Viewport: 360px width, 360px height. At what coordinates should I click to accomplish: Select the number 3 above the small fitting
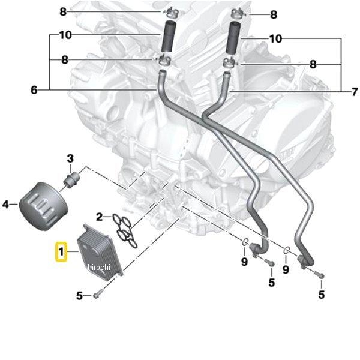pos(70,158)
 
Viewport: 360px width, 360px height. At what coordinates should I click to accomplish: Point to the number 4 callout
pos(6,205)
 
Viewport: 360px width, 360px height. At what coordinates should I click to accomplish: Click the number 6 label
pos(34,91)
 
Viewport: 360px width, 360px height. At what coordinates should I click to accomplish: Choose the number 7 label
pos(354,91)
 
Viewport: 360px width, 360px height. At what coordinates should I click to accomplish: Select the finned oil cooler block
pos(100,250)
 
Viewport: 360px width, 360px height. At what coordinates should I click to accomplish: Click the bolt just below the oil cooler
pos(100,295)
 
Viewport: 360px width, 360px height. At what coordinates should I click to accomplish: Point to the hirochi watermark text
pos(99,266)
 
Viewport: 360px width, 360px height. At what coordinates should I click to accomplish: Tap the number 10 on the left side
pos(65,35)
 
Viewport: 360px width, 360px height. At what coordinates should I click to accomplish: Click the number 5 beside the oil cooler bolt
pos(79,295)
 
